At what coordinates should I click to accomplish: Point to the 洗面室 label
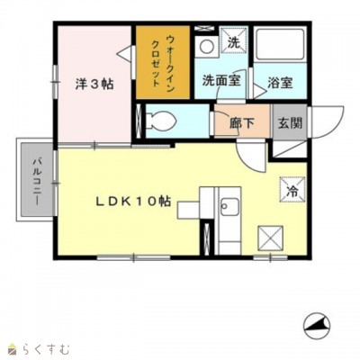click(x=220, y=79)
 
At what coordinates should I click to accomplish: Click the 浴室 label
click(x=279, y=83)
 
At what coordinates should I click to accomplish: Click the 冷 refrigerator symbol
click(x=292, y=190)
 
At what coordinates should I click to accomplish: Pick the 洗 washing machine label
click(x=232, y=42)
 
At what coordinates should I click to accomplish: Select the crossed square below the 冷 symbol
click(x=271, y=238)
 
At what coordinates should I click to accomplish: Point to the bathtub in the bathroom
click(x=280, y=45)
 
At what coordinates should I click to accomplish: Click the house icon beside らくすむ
click(x=12, y=347)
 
